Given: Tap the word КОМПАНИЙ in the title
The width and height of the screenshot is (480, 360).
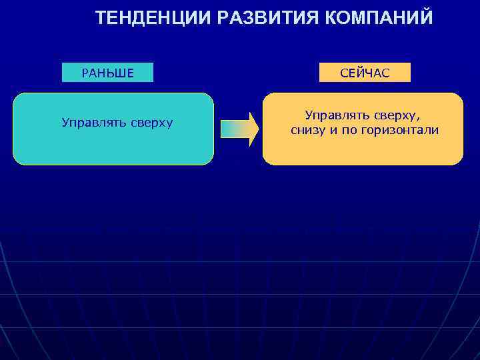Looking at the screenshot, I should tap(379, 18).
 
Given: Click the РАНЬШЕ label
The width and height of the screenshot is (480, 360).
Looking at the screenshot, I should tap(107, 73).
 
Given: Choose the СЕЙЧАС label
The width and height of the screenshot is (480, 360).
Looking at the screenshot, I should tap(365, 73).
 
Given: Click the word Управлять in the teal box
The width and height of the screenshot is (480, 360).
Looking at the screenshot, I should tap(93, 123).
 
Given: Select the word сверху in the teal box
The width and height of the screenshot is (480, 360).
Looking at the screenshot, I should tap(151, 123).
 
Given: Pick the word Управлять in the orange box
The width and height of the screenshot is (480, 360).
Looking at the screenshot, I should tap(336, 115).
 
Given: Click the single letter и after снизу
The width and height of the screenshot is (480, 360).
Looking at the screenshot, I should tap(334, 130).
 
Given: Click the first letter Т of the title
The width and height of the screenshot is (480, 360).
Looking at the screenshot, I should tap(100, 18).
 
